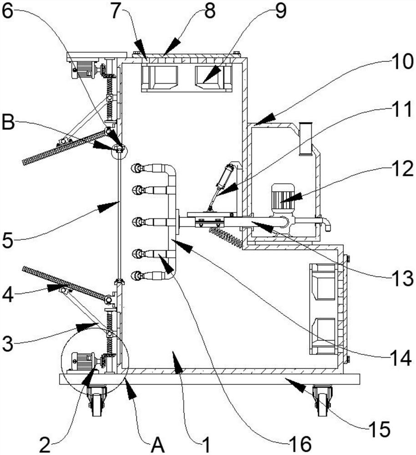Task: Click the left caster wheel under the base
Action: tap(96, 401)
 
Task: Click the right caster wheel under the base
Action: tap(323, 401)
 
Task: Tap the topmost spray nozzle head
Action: tap(136, 169)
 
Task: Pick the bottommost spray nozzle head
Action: tap(136, 275)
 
